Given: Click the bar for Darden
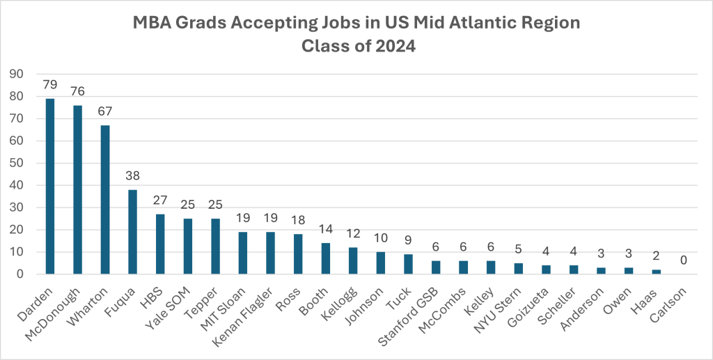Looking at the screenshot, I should [50, 187].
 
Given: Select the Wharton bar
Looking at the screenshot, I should [105, 200].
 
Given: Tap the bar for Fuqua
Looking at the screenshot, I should [133, 232].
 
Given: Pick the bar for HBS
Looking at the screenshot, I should [160, 244].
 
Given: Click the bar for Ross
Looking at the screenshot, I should [298, 254].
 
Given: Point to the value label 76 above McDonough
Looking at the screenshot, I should [77, 91].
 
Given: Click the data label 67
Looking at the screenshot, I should [105, 111].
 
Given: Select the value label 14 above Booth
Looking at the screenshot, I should [325, 229].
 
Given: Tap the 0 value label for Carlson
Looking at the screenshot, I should [684, 260].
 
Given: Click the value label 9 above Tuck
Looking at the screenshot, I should [408, 240].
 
